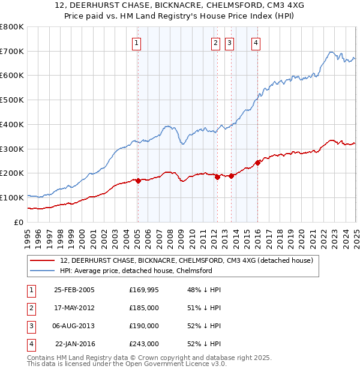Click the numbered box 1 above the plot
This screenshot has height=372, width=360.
[x=137, y=43]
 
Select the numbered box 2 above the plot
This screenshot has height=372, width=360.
[x=215, y=43]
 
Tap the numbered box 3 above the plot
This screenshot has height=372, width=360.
[x=230, y=43]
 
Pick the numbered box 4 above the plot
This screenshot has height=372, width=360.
[x=256, y=43]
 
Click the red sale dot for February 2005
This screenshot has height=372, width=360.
[x=138, y=180]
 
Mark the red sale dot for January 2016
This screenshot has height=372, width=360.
[x=257, y=162]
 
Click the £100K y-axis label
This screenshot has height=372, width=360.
[x=12, y=197]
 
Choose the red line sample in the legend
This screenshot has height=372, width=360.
[x=42, y=261]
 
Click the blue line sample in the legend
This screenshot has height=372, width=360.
[x=42, y=271]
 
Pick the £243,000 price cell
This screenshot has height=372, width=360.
[x=144, y=344]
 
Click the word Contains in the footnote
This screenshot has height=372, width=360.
[x=42, y=358]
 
